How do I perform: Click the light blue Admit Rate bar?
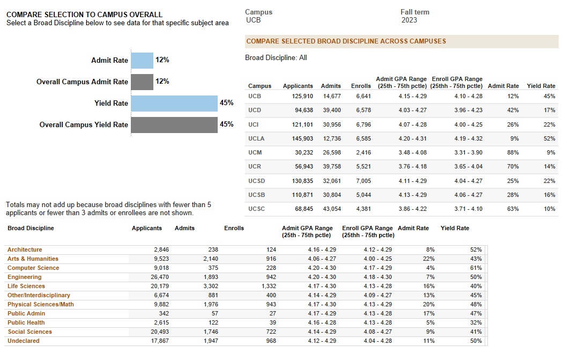pos(142,61)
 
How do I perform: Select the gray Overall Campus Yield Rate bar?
pos(174,124)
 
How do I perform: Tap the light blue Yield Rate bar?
pos(174,103)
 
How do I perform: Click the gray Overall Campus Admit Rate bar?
pos(142,82)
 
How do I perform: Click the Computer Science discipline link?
pos(33,268)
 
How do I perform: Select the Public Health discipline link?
pos(26,322)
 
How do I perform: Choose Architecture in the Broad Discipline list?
pos(25,249)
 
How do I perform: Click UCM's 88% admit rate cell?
pos(513,152)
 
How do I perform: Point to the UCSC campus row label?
pos(257,208)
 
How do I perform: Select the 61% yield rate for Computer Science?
pos(476,268)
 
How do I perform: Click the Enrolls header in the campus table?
pos(361,86)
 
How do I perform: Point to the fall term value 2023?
pos(409,20)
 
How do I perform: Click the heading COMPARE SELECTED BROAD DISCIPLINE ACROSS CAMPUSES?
pos(346,41)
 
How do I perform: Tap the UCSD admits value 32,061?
pos(331,180)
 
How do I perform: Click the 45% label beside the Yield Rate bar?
pos(226,103)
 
